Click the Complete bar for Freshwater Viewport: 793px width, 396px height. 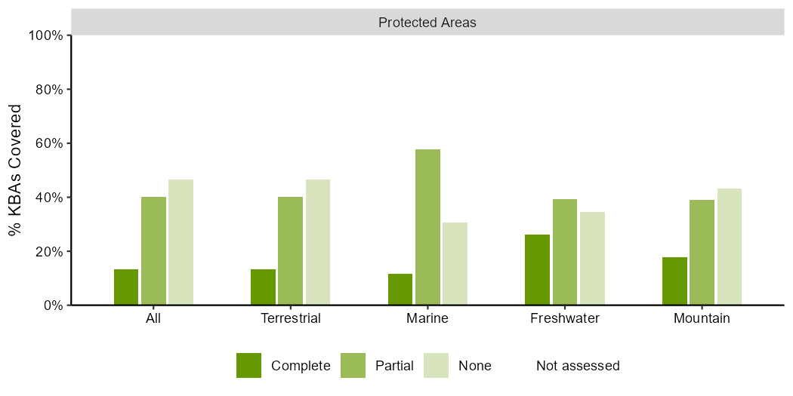click(537, 270)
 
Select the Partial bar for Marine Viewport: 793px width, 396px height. click(428, 227)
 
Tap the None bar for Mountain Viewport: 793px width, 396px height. click(730, 247)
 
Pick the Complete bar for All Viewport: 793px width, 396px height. click(126, 287)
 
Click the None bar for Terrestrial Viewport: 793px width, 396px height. click(318, 242)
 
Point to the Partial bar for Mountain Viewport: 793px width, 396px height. click(702, 253)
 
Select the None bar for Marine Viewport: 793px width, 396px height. click(455, 264)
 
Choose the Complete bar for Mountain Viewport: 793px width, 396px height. click(674, 281)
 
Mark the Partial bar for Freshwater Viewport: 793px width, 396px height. click(564, 252)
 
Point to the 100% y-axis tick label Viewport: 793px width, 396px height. click(46, 35)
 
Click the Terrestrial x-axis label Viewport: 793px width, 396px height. click(290, 319)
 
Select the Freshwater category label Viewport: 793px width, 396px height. click(564, 319)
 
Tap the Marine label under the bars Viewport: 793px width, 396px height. click(428, 319)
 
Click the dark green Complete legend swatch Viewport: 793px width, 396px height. click(248, 365)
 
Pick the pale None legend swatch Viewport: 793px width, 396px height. click(437, 365)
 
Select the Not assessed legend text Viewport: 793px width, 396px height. click(578, 365)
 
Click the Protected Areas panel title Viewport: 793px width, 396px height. click(427, 23)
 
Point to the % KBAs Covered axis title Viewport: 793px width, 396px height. click(16, 170)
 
